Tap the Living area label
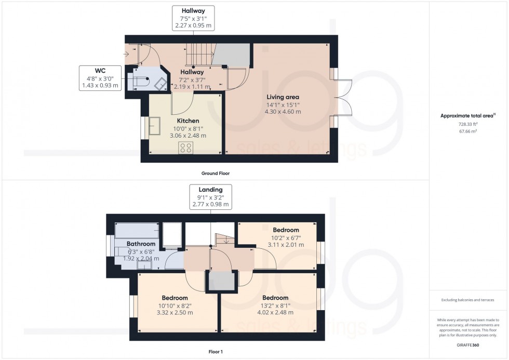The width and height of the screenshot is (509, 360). click(x=283, y=97)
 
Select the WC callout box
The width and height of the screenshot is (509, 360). click(x=100, y=77)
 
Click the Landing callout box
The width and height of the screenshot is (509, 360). click(x=210, y=197)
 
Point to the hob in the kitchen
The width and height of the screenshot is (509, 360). click(x=186, y=148)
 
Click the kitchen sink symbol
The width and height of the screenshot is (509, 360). click(x=155, y=126)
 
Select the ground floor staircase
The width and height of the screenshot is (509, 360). click(x=198, y=55)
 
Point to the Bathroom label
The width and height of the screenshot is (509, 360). click(x=141, y=244)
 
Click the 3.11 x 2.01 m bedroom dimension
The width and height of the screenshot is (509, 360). click(x=286, y=245)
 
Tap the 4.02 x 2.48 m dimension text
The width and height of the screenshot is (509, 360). click(x=275, y=312)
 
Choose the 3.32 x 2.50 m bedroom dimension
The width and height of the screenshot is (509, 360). click(x=175, y=313)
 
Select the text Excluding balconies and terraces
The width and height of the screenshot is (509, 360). click(x=468, y=300)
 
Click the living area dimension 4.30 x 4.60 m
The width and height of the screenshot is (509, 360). click(x=283, y=111)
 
